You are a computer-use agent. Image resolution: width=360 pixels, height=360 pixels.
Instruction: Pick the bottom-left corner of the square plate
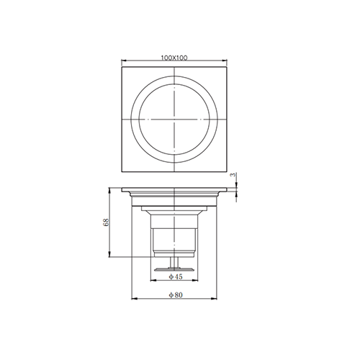coord(124,171)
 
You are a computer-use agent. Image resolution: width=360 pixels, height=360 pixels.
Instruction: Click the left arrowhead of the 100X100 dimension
coord(125,60)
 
